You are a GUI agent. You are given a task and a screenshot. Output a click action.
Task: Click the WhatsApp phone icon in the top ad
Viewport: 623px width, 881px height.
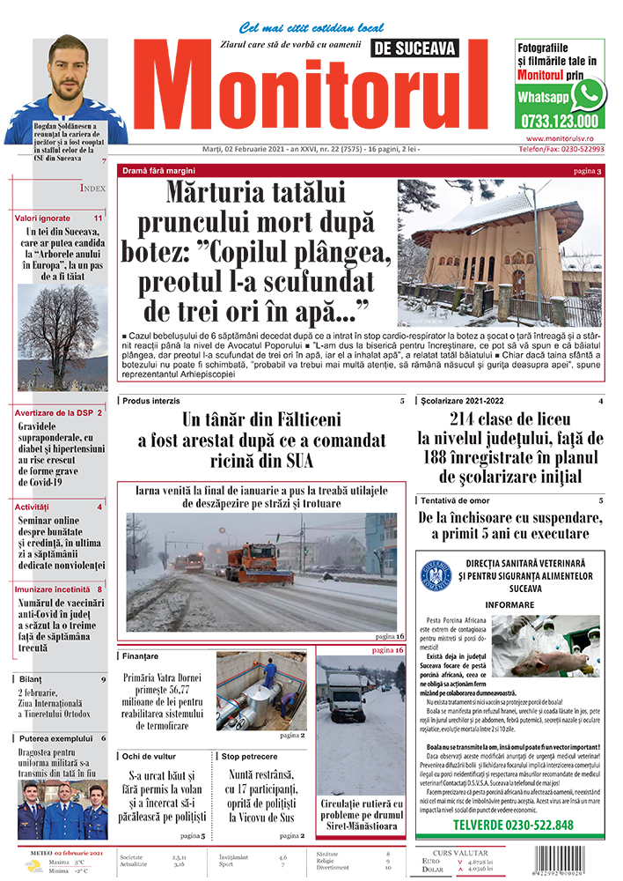click(588, 94)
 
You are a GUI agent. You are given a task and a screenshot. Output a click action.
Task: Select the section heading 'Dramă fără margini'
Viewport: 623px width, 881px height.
click(164, 170)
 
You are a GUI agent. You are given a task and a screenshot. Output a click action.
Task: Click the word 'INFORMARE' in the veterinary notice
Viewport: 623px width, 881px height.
click(509, 605)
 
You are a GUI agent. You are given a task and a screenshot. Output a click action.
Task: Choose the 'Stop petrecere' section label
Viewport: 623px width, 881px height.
click(250, 756)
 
